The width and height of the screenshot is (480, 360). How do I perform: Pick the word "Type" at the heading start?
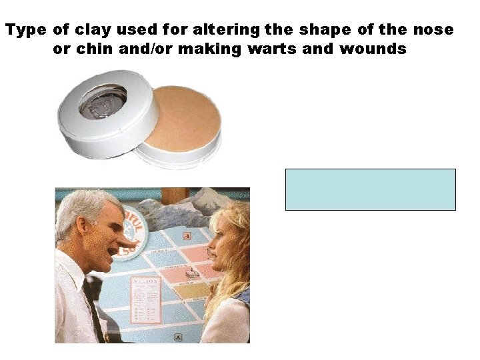[x=26, y=30]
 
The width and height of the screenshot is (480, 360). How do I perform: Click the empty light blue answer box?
[x=370, y=189]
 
